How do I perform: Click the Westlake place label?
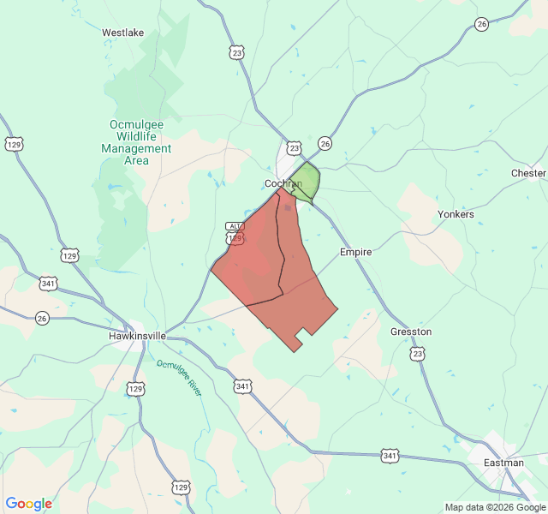pyautogui.click(x=122, y=33)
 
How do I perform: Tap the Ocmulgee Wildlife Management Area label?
pyautogui.click(x=136, y=142)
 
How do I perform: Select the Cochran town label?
pyautogui.click(x=283, y=184)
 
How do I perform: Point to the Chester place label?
pyautogui.click(x=527, y=173)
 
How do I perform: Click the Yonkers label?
pyautogui.click(x=456, y=214)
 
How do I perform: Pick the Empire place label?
pyautogui.click(x=355, y=253)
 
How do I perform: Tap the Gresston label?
pyautogui.click(x=411, y=332)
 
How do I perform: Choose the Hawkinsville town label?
pyautogui.click(x=142, y=337)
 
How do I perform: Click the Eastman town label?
pyautogui.click(x=503, y=463)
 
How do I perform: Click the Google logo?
pyautogui.click(x=28, y=504)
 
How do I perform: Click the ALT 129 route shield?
pyautogui.click(x=235, y=232)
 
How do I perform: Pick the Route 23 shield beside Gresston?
pyautogui.click(x=417, y=353)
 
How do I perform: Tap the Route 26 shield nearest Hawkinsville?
pyautogui.click(x=43, y=318)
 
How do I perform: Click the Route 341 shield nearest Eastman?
pyautogui.click(x=390, y=456)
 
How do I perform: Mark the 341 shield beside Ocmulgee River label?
pyautogui.click(x=242, y=387)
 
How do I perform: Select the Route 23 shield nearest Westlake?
pyautogui.click(x=236, y=52)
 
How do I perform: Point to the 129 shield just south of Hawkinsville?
pyautogui.click(x=135, y=389)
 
